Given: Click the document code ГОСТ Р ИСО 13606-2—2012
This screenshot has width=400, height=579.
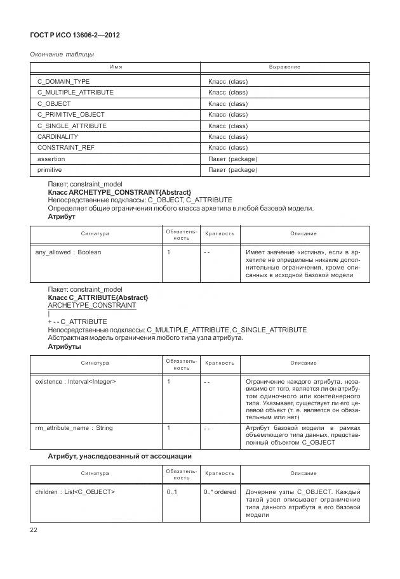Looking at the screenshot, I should (75, 35).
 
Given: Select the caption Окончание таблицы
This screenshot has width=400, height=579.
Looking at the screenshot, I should (62, 55).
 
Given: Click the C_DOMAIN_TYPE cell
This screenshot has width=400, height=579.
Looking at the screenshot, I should (63, 82).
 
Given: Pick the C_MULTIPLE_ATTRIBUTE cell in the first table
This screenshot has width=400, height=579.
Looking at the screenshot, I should (76, 93).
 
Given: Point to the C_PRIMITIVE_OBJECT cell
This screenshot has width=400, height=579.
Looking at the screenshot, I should (71, 115).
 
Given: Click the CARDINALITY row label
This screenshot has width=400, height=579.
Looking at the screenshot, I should (58, 137).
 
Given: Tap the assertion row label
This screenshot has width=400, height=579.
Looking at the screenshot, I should (51, 159).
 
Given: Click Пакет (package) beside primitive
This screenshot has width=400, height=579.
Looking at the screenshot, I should (232, 170).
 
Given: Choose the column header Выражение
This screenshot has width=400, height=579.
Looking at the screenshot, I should (284, 67).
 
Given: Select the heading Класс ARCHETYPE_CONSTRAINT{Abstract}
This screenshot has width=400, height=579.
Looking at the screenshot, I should (119, 192).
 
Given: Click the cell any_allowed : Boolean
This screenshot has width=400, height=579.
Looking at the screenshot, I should (68, 252).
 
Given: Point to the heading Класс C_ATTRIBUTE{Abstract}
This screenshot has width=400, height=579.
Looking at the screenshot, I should (98, 297).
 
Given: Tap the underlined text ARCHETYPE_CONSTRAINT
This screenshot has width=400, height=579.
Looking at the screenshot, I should (92, 306).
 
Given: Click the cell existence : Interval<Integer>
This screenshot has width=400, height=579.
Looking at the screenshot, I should (76, 382).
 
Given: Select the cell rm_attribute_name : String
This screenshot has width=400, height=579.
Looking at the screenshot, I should (74, 428).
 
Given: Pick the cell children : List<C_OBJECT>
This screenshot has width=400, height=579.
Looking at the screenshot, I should (75, 492).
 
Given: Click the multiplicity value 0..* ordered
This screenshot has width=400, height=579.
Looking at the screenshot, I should (220, 492).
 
